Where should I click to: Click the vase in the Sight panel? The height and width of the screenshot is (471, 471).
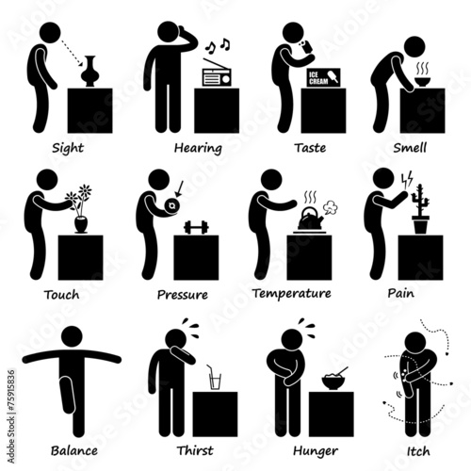coord(89,72)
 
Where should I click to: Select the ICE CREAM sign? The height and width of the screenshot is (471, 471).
coord(323,77)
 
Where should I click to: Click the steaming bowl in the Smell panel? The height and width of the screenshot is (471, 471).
coord(422,82)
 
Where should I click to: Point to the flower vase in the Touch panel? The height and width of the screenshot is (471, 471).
coord(81,224)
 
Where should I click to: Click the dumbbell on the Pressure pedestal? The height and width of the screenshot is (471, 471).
coord(196,227)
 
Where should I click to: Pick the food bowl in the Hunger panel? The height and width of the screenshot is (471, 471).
coord(333,381)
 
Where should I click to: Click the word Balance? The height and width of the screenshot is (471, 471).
coord(74,450)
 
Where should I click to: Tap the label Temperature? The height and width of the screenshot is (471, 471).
coord(292,294)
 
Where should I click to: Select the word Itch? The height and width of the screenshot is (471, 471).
coord(418,451)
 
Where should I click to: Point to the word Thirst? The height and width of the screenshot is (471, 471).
coord(195,450)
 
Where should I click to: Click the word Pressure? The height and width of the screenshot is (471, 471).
coord(183,295)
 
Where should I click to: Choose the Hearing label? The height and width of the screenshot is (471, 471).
coord(198,148)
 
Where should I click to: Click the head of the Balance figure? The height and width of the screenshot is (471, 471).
coord(72,336)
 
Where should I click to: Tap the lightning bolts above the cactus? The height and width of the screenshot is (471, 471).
coord(407,180)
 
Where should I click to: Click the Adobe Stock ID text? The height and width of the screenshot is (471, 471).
coord(11,416)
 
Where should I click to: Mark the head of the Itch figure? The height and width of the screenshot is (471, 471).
coord(416,343)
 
